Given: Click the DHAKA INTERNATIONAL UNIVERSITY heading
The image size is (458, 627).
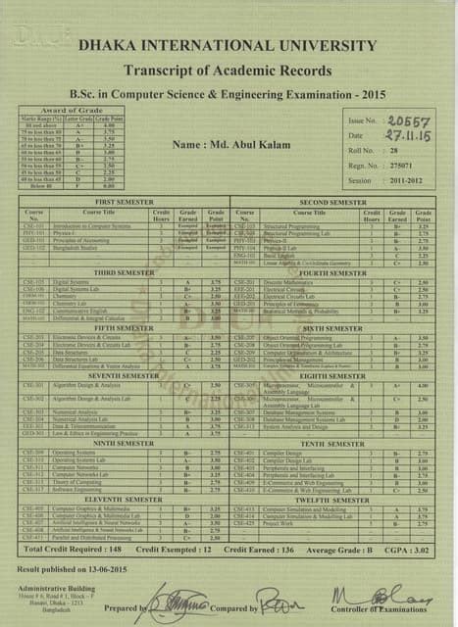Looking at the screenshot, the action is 229,45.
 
